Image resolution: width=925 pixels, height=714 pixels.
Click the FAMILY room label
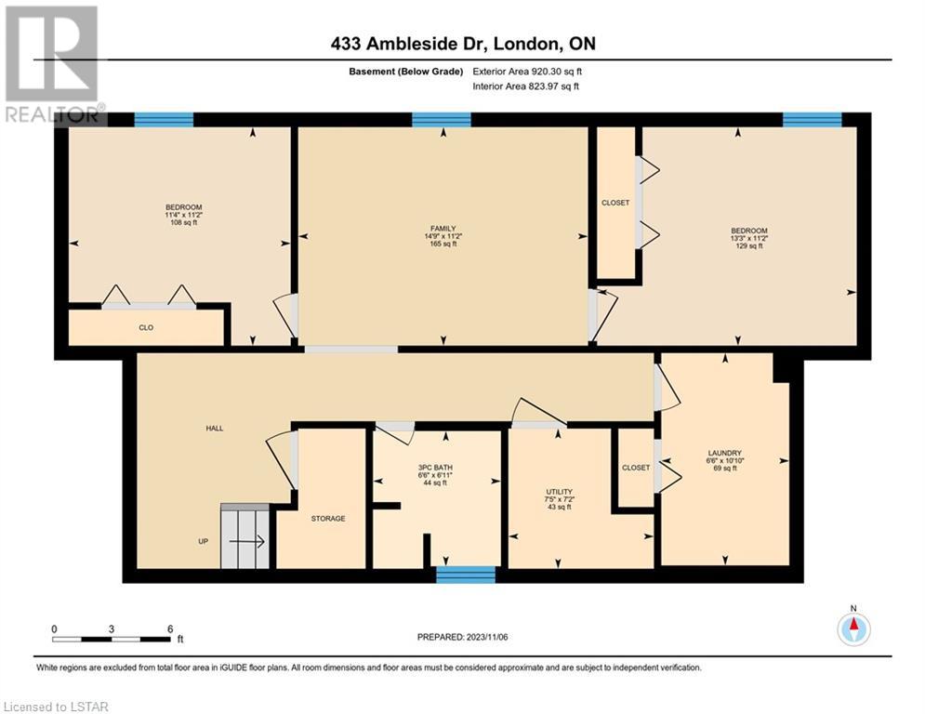(x=443, y=229)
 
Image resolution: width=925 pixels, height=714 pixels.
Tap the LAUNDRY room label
(x=724, y=453)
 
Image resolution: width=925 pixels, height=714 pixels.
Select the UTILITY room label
(x=560, y=492)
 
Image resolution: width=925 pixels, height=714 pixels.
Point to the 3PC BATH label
(x=435, y=468)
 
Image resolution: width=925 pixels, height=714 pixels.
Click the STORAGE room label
(x=328, y=519)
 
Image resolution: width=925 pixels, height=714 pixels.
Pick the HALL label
(x=215, y=429)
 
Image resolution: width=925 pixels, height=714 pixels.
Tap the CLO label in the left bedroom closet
(x=146, y=327)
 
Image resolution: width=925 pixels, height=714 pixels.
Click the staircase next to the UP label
(x=245, y=536)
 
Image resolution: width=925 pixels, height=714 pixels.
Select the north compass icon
(x=853, y=628)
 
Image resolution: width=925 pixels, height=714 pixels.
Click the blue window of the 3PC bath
(x=466, y=575)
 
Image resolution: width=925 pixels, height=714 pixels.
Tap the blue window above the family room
(x=442, y=120)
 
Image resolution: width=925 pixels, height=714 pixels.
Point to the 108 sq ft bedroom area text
(x=183, y=223)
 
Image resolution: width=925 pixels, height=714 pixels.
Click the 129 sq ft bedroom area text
(x=749, y=246)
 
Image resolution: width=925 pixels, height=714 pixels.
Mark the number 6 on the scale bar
(x=170, y=629)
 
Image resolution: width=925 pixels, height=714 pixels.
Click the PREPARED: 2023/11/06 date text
(x=463, y=637)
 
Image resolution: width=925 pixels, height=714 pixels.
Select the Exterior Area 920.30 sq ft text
(x=527, y=72)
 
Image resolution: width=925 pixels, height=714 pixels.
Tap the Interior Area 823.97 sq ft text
(x=525, y=86)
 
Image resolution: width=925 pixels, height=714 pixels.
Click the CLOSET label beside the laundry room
(x=636, y=468)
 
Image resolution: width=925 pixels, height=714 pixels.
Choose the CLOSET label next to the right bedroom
(x=615, y=203)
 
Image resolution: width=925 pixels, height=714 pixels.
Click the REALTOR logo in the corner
(x=53, y=65)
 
